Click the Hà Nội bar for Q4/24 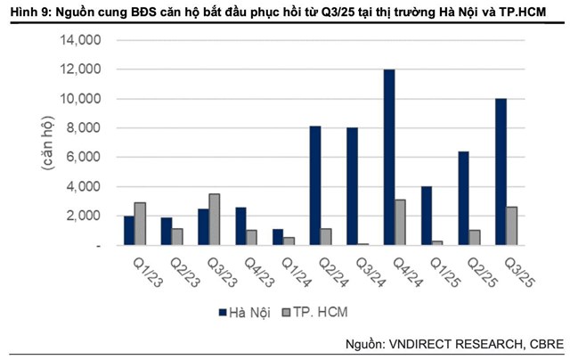point(389,157)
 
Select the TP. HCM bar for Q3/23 point(215,219)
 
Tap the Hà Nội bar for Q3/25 point(501,171)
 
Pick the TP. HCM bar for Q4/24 point(401,222)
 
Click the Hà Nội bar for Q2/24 point(315,185)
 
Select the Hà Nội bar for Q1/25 point(427,215)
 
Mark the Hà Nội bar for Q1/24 point(278,236)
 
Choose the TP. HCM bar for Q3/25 point(512,225)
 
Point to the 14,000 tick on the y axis point(82,40)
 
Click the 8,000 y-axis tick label point(85,127)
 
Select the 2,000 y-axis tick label point(85,215)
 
